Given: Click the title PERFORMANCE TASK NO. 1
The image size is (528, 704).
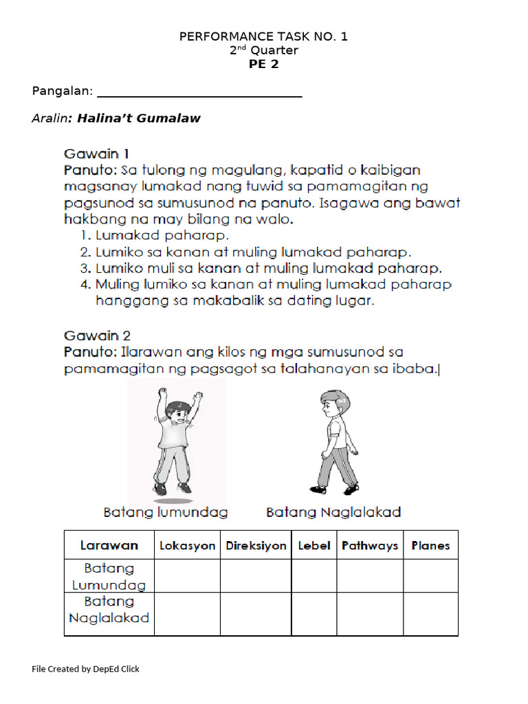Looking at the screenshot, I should point(263,36).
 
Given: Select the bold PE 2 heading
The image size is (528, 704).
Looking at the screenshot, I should point(263,65).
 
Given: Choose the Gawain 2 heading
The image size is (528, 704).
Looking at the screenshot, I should point(97,336).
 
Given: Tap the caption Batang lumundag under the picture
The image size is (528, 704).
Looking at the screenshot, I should point(166,512).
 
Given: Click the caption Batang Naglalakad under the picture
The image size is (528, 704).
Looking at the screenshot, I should point(333,512).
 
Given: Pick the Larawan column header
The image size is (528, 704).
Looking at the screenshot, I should point(109,546).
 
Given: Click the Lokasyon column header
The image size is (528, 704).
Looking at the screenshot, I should point(187,546).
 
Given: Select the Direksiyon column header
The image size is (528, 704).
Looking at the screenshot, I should point(256,546).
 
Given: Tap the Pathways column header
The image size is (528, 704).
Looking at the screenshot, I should point(370,546).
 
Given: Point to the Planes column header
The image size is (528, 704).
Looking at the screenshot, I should point(430,546).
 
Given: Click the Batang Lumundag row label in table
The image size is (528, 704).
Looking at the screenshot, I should point(109,576).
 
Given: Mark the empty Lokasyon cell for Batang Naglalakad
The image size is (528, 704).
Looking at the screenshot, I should point(187,614).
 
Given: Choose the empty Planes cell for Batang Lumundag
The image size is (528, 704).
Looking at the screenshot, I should point(430,576).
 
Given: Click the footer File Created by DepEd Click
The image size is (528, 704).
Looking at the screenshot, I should point(86,669).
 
